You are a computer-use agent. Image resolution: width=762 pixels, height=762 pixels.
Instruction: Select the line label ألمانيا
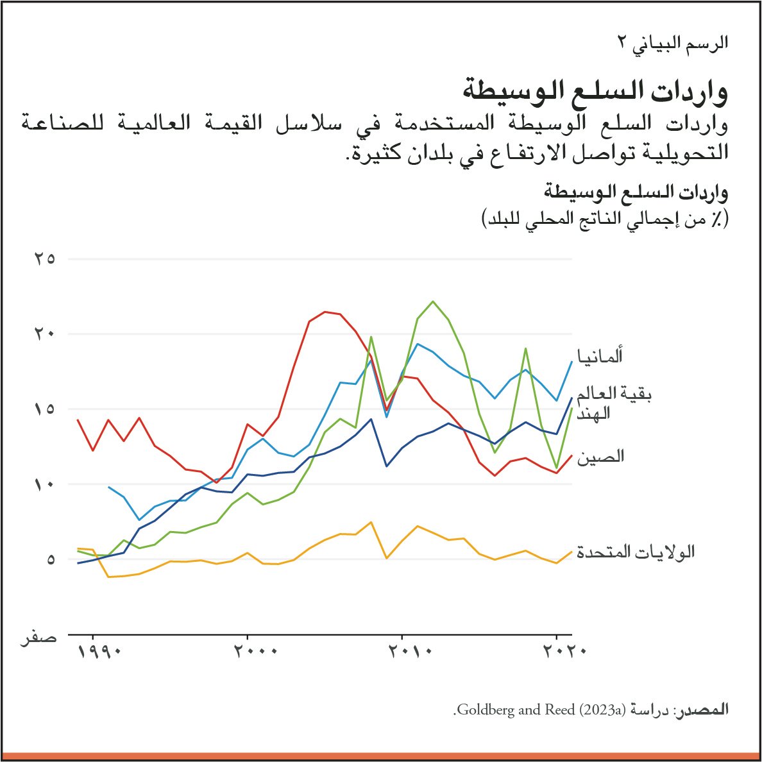point(600,356)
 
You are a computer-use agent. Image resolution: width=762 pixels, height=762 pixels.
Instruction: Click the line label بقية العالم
point(614,393)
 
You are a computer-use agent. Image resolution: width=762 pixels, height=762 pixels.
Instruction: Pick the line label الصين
point(600,457)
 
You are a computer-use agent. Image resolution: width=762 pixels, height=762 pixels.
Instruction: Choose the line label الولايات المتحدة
point(636,552)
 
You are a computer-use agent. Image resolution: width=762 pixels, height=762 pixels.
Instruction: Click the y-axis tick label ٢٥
point(44,259)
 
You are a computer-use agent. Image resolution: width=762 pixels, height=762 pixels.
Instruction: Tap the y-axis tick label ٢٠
point(44,334)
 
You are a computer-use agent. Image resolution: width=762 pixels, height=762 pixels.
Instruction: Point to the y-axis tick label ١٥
point(44,409)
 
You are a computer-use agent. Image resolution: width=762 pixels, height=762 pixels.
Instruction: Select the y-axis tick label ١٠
point(44,484)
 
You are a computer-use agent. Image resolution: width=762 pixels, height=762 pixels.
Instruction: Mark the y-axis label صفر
point(38,639)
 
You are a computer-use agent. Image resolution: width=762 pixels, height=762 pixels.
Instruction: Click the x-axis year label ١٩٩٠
point(100,652)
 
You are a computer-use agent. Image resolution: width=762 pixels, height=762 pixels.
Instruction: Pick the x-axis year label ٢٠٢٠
point(564,652)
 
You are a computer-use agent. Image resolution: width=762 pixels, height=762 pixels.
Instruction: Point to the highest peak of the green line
point(434,301)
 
